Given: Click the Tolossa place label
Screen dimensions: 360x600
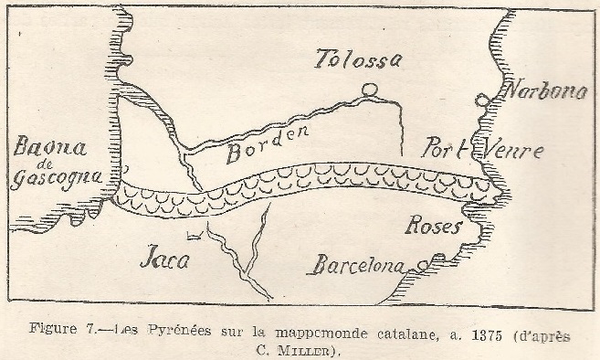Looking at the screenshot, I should coord(357,61).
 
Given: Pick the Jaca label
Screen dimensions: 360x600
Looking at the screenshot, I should coord(165,259).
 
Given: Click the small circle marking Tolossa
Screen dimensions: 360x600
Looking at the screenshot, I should coord(369,90).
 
